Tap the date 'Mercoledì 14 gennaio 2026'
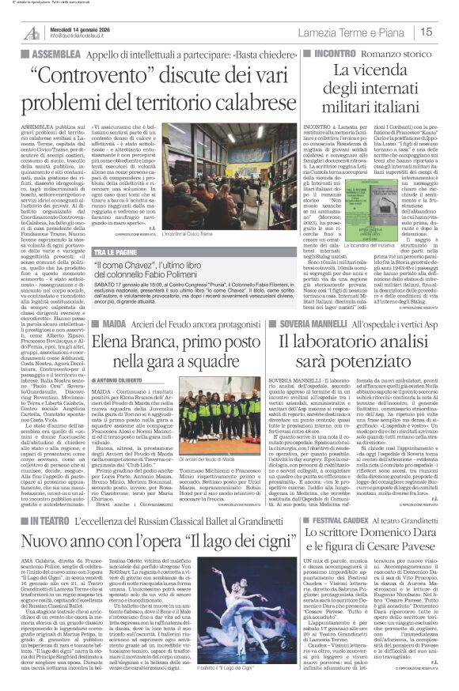78,28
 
